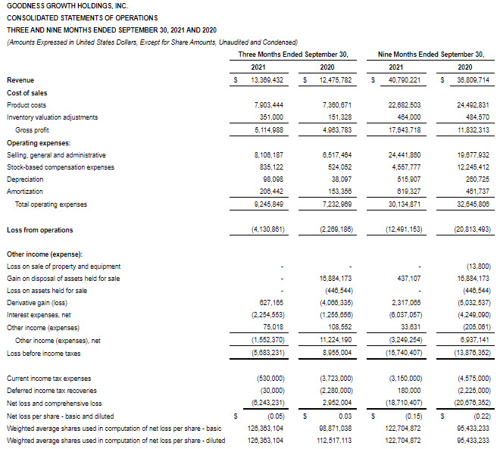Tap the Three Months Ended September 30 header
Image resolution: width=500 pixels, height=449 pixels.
(293, 55)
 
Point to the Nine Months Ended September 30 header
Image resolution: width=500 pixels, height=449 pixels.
(430, 55)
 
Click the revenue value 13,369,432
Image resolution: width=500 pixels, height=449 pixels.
(262, 80)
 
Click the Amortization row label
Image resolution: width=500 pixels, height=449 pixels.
(25, 192)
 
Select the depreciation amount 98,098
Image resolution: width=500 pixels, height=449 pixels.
(269, 179)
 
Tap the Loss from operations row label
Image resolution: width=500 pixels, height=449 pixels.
(39, 229)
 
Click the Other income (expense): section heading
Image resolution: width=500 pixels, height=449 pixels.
(45, 254)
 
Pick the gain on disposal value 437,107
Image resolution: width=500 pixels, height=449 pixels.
(407, 278)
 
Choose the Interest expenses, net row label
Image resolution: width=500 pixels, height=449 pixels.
(39, 315)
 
